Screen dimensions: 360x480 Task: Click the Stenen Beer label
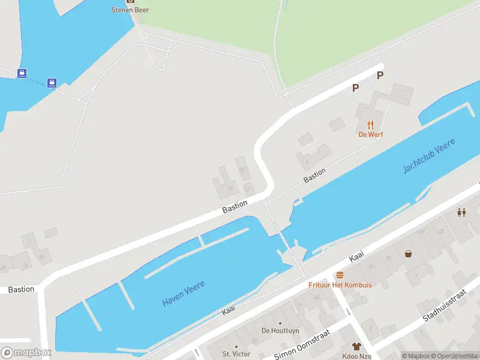coord(130,10)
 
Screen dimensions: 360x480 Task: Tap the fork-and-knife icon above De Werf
coord(370,125)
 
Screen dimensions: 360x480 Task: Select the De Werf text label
coord(370,134)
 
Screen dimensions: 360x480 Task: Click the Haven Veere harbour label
coord(183,293)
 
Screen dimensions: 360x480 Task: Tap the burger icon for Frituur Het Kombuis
coord(340,275)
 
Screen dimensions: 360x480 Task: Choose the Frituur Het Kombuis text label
coord(340,284)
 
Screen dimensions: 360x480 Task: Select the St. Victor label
coord(235,354)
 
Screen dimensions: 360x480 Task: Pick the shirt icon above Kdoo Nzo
coord(356,346)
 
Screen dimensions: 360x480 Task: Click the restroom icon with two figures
coord(461,212)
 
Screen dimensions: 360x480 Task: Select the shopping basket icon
coord(409,254)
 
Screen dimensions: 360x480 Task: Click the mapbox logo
coord(26,353)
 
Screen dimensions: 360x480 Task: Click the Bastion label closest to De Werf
coord(314,175)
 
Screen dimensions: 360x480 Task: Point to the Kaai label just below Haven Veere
coord(229,310)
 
